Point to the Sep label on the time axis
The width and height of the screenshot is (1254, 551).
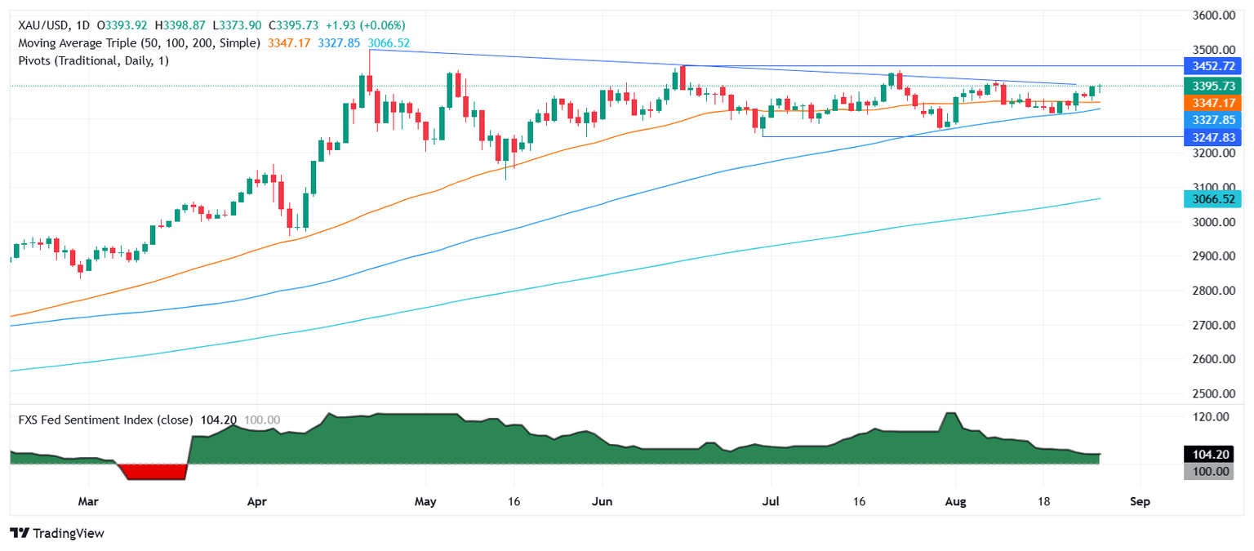tap(1140, 501)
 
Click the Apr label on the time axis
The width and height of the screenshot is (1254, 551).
tap(257, 501)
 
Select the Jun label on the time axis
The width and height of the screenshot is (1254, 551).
tap(602, 501)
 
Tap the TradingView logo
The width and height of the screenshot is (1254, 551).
tap(57, 533)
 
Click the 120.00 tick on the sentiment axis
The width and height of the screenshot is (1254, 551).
tap(1212, 416)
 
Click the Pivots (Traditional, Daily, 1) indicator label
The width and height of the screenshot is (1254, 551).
tap(93, 60)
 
